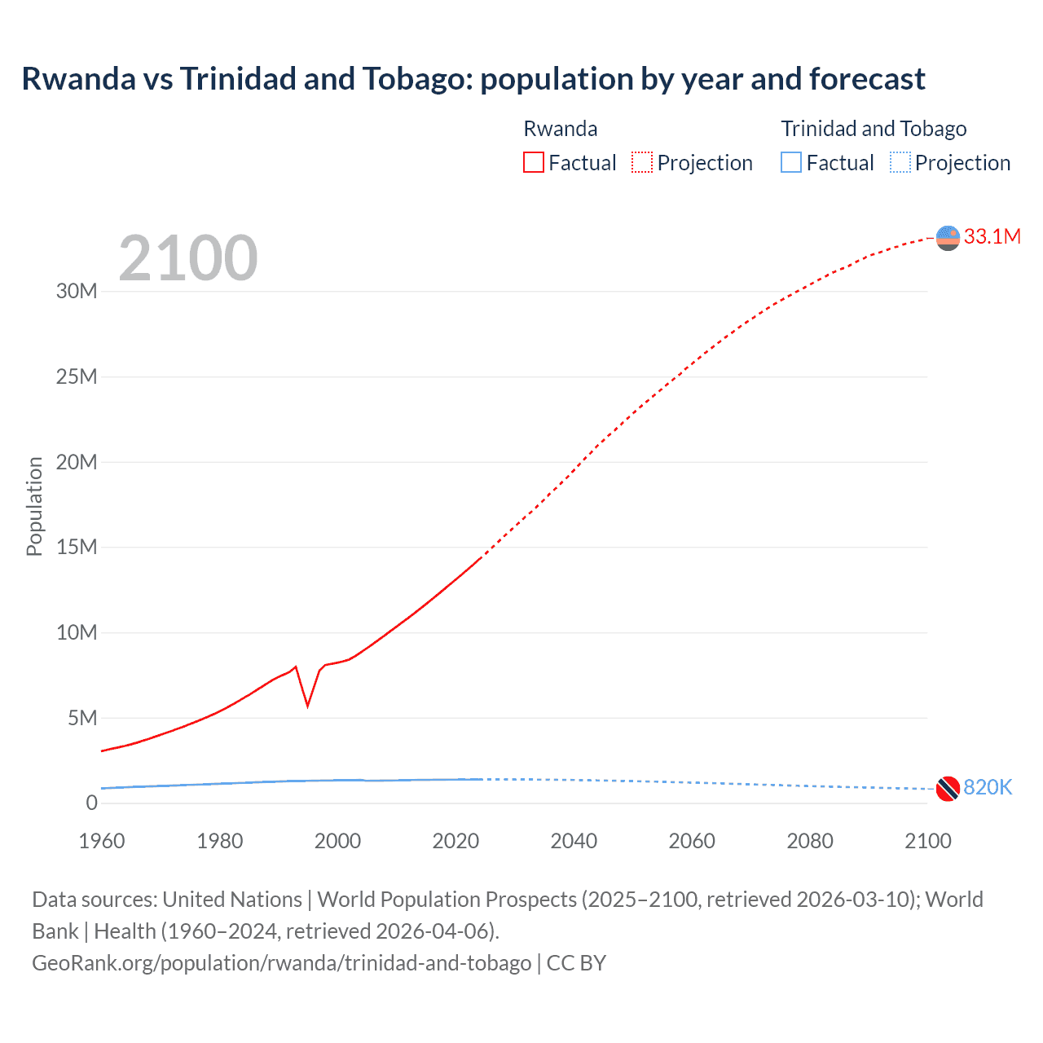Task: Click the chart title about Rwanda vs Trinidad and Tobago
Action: coord(473,79)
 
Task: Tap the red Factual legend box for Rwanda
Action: coord(533,163)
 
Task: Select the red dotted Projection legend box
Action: coord(642,163)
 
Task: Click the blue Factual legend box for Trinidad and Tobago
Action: coord(791,163)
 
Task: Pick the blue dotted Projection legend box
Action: coord(900,163)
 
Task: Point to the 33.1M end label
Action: coord(992,236)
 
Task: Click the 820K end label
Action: coord(987,787)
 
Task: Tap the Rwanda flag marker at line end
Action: coord(948,238)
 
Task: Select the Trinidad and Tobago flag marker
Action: coord(948,789)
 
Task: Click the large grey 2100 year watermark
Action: coord(188,258)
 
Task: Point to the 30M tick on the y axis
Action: coord(77,292)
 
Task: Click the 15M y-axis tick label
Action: coord(77,547)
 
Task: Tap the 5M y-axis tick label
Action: coord(82,718)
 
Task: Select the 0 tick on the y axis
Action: coord(91,803)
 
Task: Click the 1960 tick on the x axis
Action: coord(102,841)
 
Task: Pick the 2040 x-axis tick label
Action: coord(574,841)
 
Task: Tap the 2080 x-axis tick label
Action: coord(810,841)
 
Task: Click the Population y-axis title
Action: coord(34,506)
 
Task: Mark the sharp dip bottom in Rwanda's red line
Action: coord(307,705)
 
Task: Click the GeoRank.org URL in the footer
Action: coord(281,963)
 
